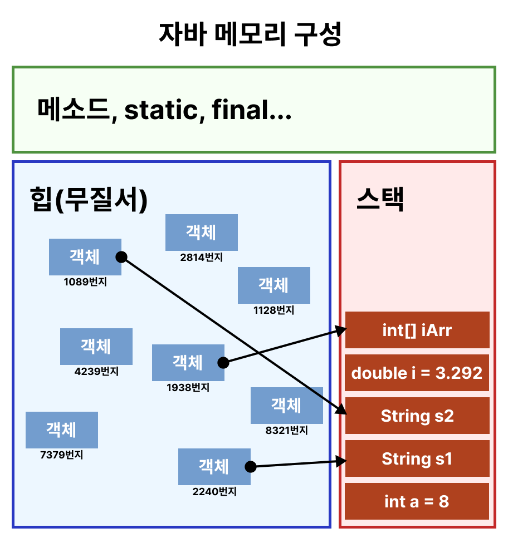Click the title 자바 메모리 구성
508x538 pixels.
(250, 34)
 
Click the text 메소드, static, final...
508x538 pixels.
(164, 110)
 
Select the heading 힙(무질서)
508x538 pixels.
(89, 199)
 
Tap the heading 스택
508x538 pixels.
(380, 199)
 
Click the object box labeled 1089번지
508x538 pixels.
(85, 256)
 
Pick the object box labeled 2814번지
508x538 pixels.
(201, 232)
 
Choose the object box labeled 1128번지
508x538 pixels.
(273, 285)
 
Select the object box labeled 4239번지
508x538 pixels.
(96, 346)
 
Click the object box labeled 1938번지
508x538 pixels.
(188, 362)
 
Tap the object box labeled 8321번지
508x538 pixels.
(286, 405)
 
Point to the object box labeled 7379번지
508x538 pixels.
(61, 430)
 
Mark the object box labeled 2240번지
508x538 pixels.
(214, 466)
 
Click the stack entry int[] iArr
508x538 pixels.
(417, 330)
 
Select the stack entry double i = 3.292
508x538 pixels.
(417, 373)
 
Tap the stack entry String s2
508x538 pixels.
(417, 416)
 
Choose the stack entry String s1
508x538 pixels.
(417, 458)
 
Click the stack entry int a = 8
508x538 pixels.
(417, 501)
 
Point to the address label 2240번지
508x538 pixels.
(214, 492)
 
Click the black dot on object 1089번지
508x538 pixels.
(121, 257)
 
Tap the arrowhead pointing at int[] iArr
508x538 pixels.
(342, 330)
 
